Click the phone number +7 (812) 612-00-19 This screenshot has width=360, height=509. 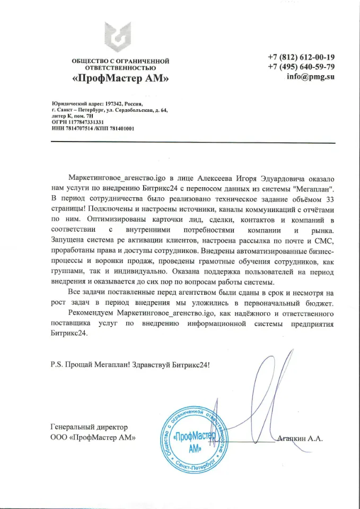click(x=301, y=57)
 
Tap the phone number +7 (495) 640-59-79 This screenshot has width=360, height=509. click(x=301, y=67)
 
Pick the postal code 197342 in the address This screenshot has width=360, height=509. click(x=116, y=104)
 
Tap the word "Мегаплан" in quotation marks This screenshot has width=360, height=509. click(x=317, y=188)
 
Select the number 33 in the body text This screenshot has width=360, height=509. click(x=329, y=198)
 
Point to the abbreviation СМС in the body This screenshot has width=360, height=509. click(x=325, y=240)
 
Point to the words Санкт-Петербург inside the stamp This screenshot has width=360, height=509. click(x=197, y=467)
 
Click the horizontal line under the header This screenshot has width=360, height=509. click(x=193, y=143)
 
